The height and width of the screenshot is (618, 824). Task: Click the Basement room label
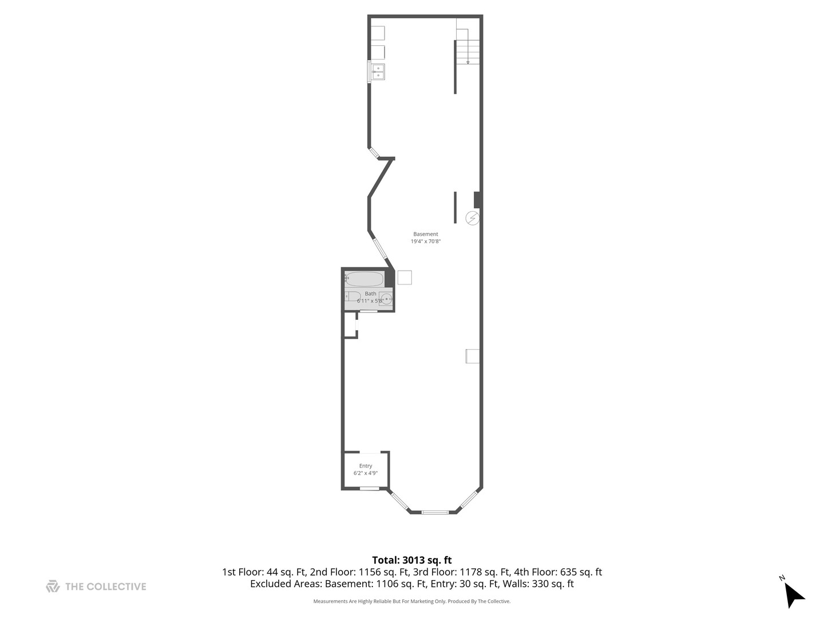[425, 234]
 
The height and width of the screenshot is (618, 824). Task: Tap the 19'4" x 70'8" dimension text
[425, 241]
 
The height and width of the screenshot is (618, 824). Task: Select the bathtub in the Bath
[364, 279]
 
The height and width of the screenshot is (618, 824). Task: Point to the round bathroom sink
[386, 299]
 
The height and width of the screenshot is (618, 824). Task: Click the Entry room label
[365, 466]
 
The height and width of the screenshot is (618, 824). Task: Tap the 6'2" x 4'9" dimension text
[365, 473]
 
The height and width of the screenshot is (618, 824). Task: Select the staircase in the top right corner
[468, 46]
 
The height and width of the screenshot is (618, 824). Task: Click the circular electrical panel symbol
[472, 218]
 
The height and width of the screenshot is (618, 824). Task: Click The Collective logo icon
[53, 586]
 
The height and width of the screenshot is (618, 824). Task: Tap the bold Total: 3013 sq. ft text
[412, 560]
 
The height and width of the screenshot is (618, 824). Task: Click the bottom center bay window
[434, 512]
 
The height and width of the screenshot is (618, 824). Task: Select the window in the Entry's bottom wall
[370, 489]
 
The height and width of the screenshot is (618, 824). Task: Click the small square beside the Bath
[405, 278]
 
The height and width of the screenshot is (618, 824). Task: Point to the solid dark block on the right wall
[477, 200]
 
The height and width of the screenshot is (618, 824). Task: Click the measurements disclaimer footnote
[412, 601]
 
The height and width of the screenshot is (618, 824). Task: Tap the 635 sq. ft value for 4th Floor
[581, 572]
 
